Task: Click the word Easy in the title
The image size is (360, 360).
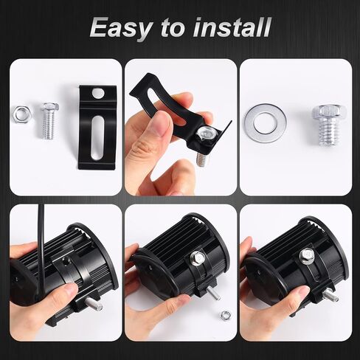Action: pos(120,28)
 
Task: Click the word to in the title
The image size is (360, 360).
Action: pos(173,28)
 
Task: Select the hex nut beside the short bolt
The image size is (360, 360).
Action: pos(21,114)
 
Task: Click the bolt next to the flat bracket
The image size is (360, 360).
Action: pos(49,120)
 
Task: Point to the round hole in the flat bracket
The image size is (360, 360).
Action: pos(98,93)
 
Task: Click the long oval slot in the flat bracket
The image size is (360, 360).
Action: pos(97,137)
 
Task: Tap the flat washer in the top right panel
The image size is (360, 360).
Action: pos(265,123)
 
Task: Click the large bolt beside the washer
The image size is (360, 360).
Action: pos(326,125)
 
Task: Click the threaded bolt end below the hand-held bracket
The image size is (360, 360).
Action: pos(202,159)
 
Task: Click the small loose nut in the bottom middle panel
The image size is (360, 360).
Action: pos(226,314)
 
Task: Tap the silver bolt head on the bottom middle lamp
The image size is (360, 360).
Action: pos(198,257)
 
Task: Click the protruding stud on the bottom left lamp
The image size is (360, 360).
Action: pos(94,304)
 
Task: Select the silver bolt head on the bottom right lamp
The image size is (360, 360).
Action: pos(307,256)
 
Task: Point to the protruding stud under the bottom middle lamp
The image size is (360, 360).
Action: pos(213,294)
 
